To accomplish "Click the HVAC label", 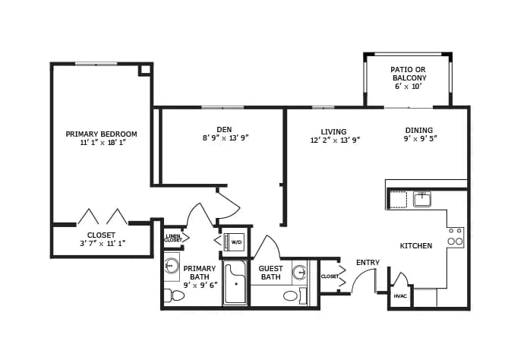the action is pyautogui.click(x=400, y=296).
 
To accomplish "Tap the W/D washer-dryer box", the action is pyautogui.click(x=236, y=242).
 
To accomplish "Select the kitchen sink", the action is pyautogui.click(x=422, y=199).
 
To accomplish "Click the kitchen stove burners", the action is pyautogui.click(x=456, y=238).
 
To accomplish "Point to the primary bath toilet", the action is pyautogui.click(x=174, y=295).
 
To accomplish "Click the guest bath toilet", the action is pyautogui.click(x=295, y=295).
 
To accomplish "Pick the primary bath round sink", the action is pyautogui.click(x=172, y=267).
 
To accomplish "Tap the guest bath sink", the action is pyautogui.click(x=299, y=272).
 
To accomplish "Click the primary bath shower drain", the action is pyautogui.click(x=236, y=284).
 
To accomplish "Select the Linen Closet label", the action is pyautogui.click(x=173, y=238).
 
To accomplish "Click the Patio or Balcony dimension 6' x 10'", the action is pyautogui.click(x=408, y=87).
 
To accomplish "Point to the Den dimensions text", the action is pyautogui.click(x=226, y=137).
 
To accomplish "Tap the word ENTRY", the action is pyautogui.click(x=368, y=263).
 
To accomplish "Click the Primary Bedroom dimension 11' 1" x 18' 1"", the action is pyautogui.click(x=103, y=142).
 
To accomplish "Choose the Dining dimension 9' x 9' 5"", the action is pyautogui.click(x=420, y=138).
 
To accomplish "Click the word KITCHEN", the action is pyautogui.click(x=415, y=246).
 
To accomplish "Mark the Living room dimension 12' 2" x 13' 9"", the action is pyautogui.click(x=335, y=141).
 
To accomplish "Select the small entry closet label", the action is pyautogui.click(x=330, y=276).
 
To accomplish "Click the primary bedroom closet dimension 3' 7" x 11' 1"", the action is pyautogui.click(x=103, y=243).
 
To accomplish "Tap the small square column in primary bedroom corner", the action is pyautogui.click(x=145, y=70).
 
